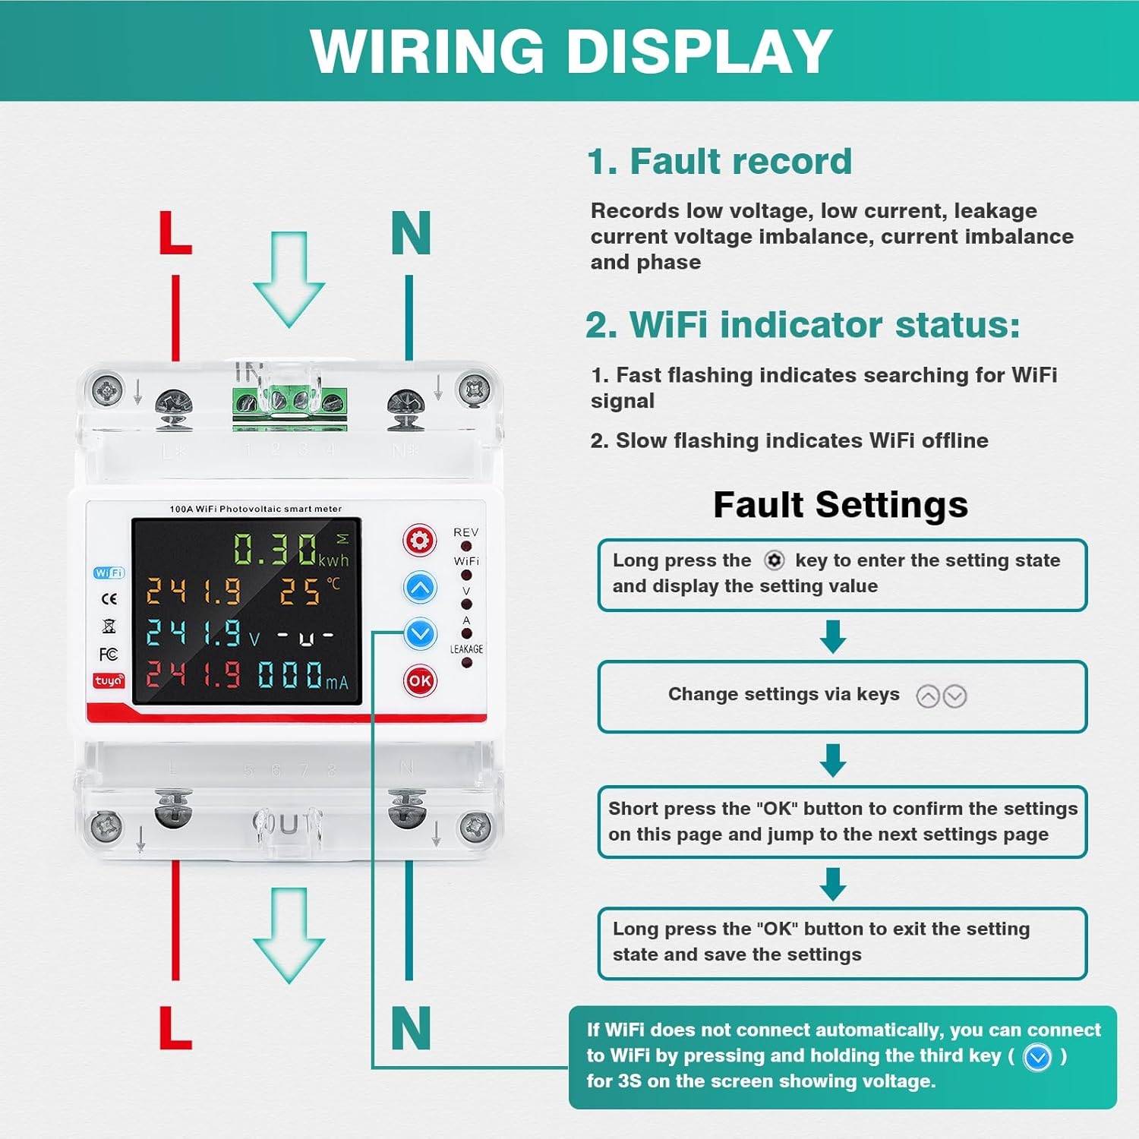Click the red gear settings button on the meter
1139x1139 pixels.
[x=419, y=541]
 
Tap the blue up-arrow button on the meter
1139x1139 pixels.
[x=420, y=588]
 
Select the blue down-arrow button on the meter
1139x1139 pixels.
[x=420, y=633]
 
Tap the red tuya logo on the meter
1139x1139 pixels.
[x=109, y=680]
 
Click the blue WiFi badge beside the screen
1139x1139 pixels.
[x=109, y=573]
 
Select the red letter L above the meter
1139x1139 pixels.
[x=175, y=233]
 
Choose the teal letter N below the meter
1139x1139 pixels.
[x=411, y=1028]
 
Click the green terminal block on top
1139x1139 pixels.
[x=289, y=402]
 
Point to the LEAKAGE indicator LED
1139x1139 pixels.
[x=467, y=663]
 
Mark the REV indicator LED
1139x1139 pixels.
[x=466, y=546]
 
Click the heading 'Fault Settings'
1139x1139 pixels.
[x=841, y=505]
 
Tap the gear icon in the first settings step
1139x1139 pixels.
[x=774, y=560]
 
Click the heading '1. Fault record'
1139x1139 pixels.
[x=719, y=162]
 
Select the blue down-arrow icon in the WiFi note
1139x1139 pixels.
[x=1037, y=1057]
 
